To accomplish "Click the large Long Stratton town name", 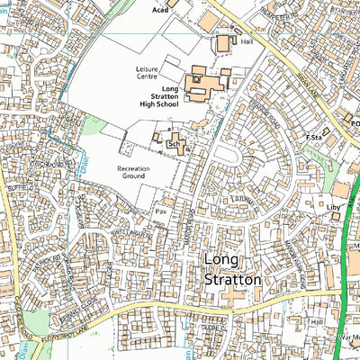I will pyautogui.click(x=232, y=270).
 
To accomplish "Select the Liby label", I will pyautogui.click(x=334, y=207).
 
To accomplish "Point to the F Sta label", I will pyautogui.click(x=313, y=137).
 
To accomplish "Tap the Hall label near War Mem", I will pyautogui.click(x=316, y=320).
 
